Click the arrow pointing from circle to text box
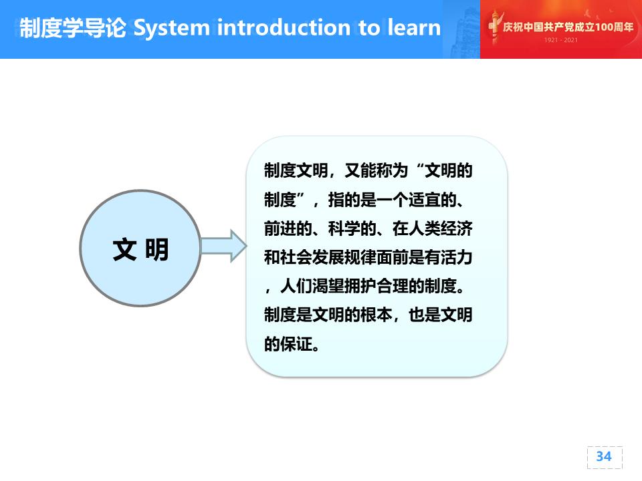click(x=224, y=246)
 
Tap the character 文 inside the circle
click(x=124, y=249)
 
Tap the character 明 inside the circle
click(x=156, y=249)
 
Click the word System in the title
click(x=172, y=28)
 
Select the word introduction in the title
click(x=284, y=27)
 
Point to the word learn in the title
click(x=415, y=27)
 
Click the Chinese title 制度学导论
click(x=73, y=28)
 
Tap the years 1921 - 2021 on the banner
click(x=561, y=40)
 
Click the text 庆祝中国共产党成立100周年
click(x=568, y=27)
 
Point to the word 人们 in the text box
click(x=296, y=286)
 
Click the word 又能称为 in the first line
click(x=377, y=170)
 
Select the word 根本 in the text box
click(x=377, y=315)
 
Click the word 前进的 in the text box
click(x=288, y=228)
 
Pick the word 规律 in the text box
click(x=360, y=257)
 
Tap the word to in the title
click(x=369, y=28)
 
